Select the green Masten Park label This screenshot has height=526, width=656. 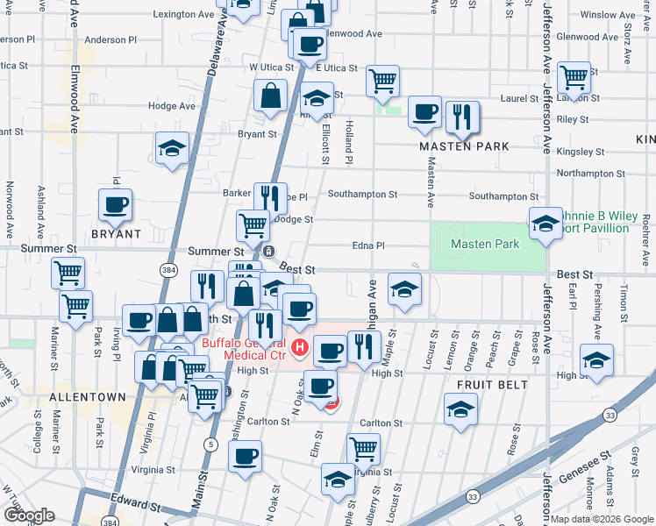pyautogui.click(x=485, y=245)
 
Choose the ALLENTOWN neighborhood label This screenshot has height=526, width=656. pyautogui.click(x=86, y=397)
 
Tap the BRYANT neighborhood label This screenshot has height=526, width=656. pyautogui.click(x=116, y=234)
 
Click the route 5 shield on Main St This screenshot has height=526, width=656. pyautogui.click(x=210, y=444)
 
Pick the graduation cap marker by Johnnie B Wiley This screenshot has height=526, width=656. pyautogui.click(x=545, y=223)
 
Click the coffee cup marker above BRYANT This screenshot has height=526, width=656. pyautogui.click(x=115, y=205)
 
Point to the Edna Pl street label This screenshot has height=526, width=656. pyautogui.click(x=368, y=246)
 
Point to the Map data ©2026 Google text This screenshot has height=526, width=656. pyautogui.click(x=602, y=518)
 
